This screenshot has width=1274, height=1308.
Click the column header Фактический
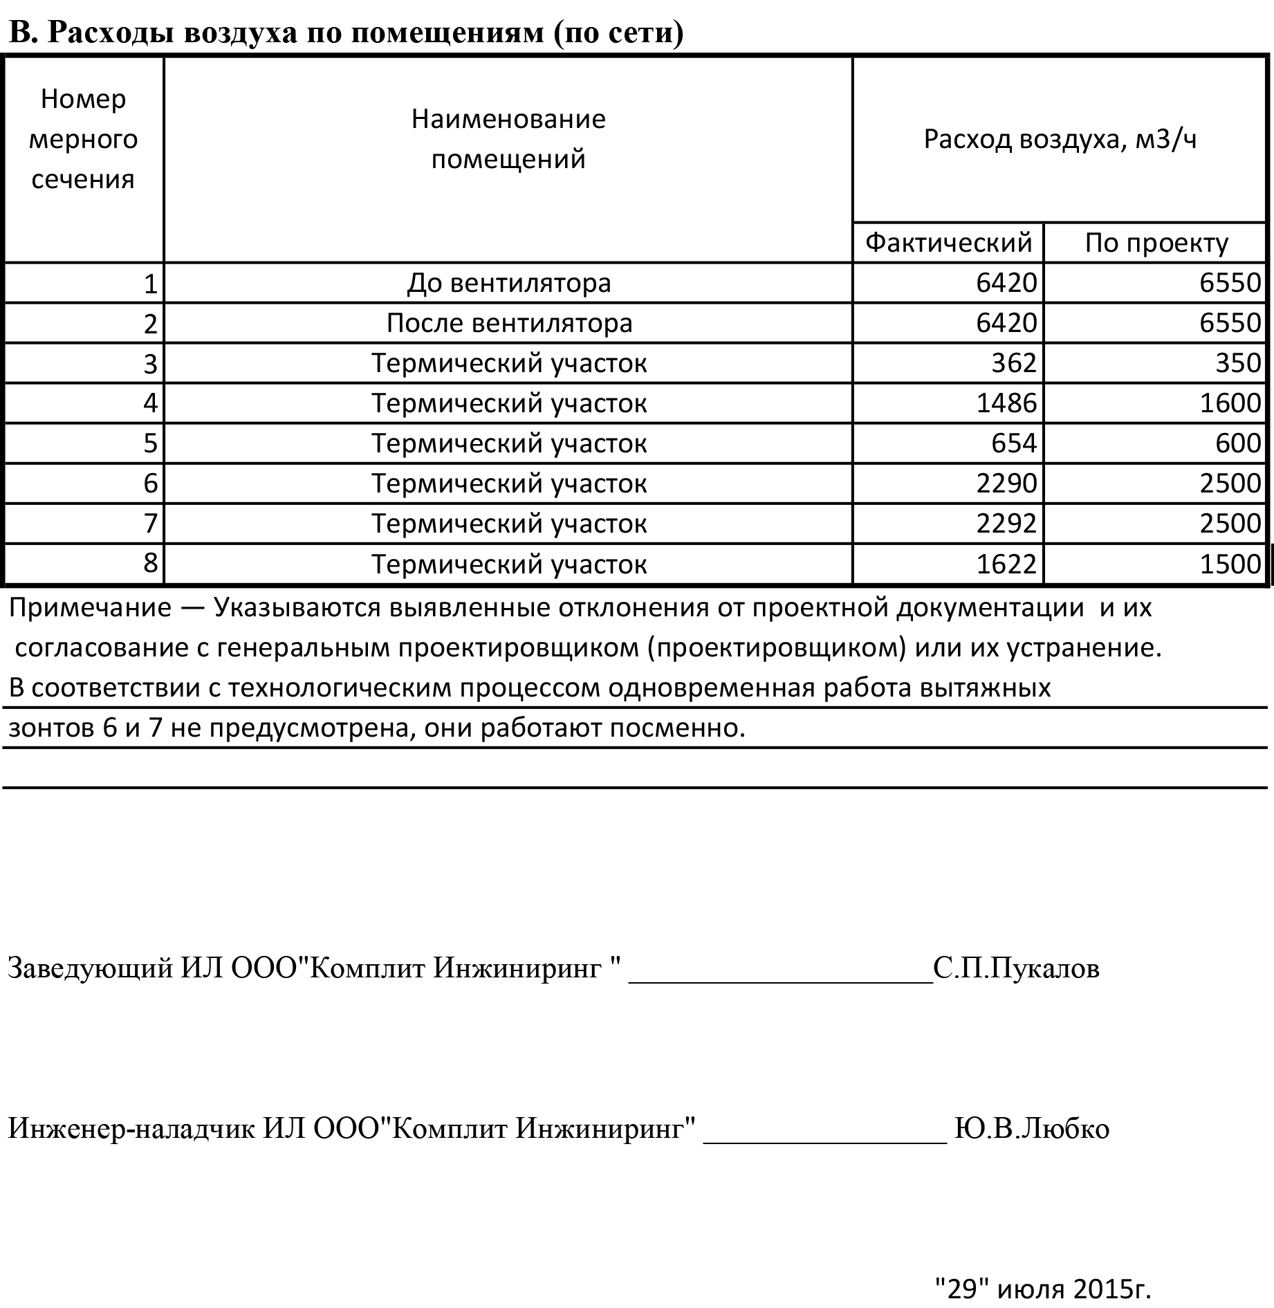948,243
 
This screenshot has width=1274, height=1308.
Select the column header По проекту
1156,243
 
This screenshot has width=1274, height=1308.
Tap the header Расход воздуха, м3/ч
1060,139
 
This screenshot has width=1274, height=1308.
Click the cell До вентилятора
508,283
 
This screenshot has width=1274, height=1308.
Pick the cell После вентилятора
508,323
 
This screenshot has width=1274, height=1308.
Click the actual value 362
1013,363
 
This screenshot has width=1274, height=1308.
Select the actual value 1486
1006,403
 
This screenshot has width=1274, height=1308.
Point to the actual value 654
1013,443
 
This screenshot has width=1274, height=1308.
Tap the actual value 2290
1006,483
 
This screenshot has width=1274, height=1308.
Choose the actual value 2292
1006,524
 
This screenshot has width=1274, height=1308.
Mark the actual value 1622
1006,564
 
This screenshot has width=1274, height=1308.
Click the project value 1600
1230,403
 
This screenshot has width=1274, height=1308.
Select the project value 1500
1230,564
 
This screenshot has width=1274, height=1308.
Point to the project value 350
1238,363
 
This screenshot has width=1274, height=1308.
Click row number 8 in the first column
151,563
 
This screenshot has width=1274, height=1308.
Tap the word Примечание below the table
90,608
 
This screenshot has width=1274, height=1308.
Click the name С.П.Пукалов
1016,968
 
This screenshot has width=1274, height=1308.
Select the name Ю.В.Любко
1031,1128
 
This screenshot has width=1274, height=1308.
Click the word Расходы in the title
111,33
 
